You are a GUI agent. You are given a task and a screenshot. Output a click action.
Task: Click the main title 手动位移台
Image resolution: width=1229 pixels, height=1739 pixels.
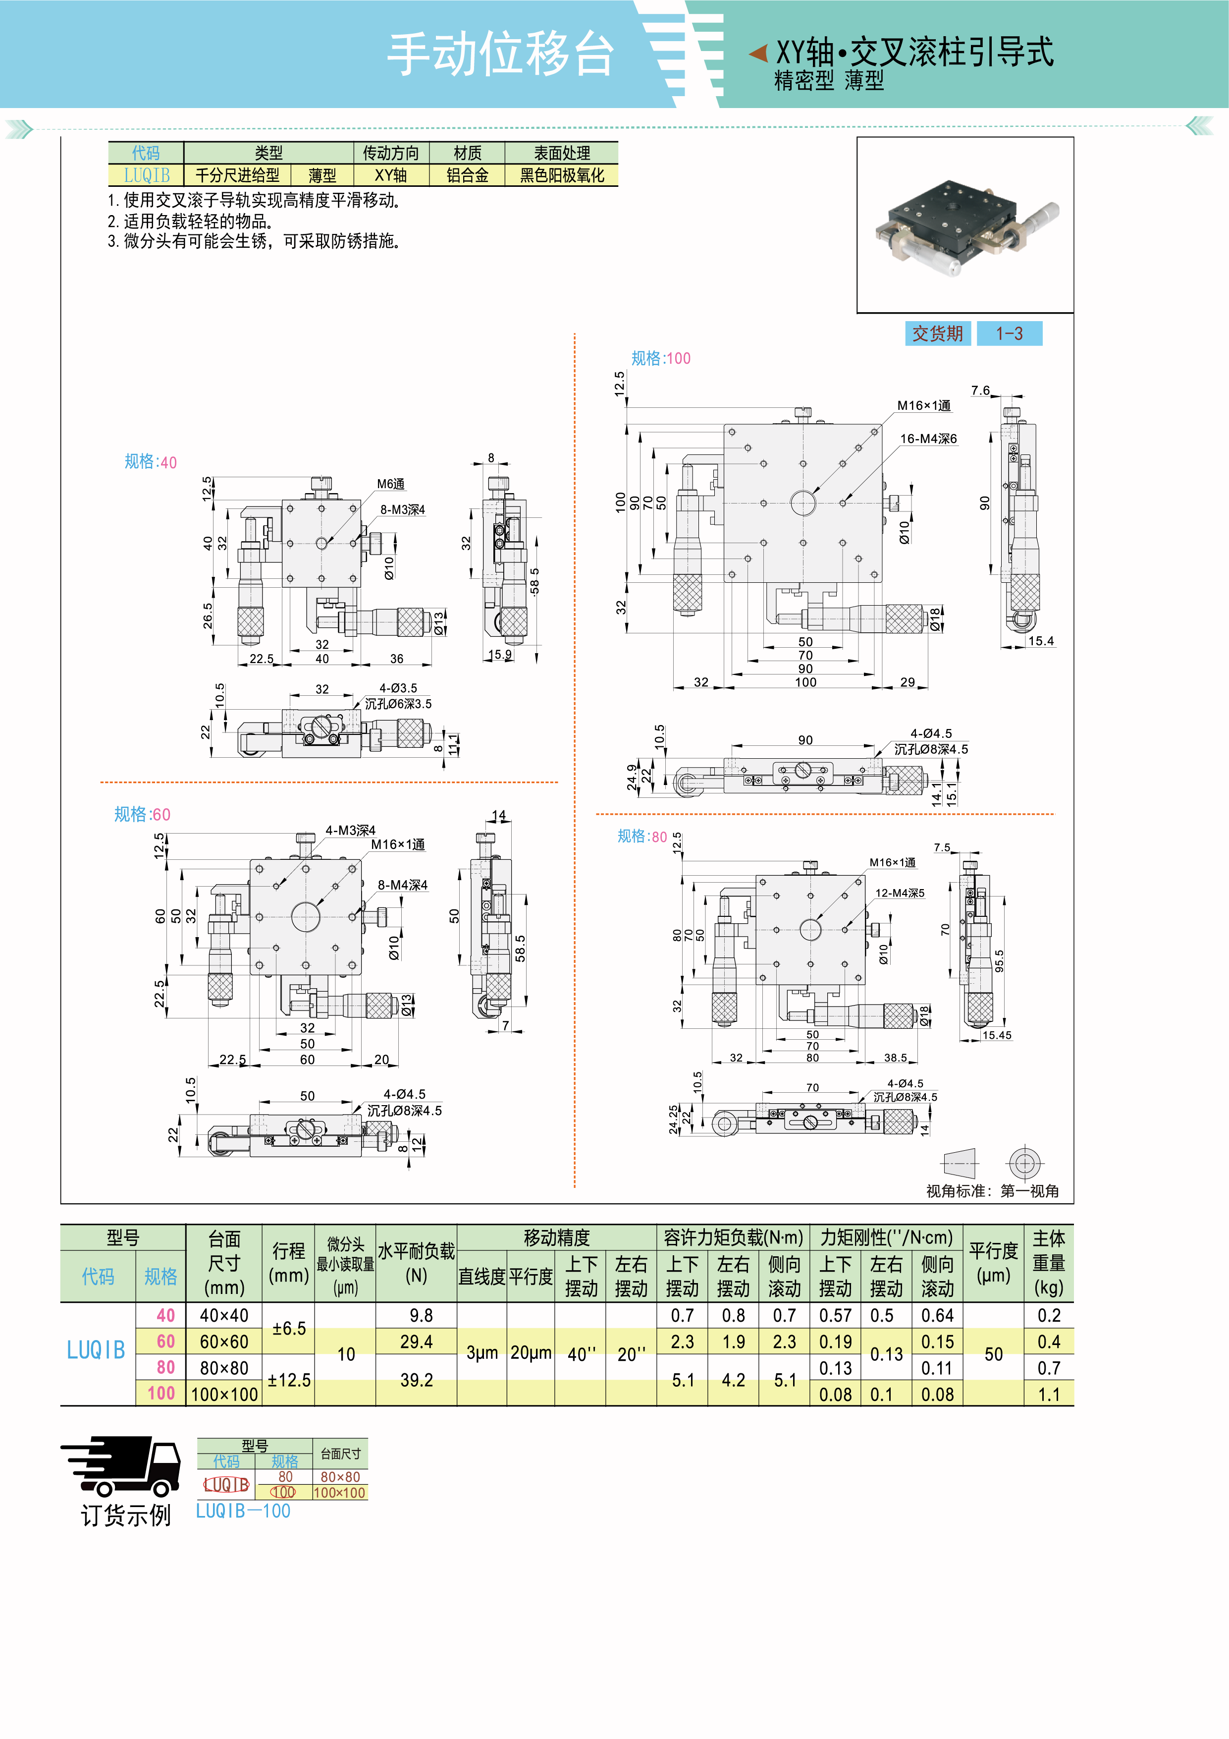click(x=500, y=54)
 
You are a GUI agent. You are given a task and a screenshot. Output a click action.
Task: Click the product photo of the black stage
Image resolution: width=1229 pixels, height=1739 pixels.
click(x=965, y=225)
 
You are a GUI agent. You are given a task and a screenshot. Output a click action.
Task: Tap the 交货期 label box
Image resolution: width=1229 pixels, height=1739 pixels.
click(x=937, y=333)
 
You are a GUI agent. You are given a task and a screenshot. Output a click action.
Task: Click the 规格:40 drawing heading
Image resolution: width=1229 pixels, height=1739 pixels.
click(x=150, y=462)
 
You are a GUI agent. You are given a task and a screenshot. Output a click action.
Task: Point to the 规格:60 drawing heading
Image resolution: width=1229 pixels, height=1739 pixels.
click(x=142, y=814)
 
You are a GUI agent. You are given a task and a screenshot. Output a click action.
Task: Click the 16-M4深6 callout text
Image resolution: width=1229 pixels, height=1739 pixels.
click(x=928, y=439)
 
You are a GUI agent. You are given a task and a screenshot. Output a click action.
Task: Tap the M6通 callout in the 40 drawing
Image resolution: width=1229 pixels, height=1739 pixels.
click(x=391, y=484)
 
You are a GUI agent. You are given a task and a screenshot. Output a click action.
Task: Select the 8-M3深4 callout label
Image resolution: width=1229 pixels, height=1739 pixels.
click(x=402, y=510)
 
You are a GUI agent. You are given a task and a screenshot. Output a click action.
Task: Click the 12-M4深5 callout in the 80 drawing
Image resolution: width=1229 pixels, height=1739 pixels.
click(x=900, y=893)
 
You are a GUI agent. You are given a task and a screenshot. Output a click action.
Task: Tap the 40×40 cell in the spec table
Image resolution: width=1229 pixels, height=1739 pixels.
click(x=223, y=1316)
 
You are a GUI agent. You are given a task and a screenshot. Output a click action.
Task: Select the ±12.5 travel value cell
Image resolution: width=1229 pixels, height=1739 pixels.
click(x=288, y=1380)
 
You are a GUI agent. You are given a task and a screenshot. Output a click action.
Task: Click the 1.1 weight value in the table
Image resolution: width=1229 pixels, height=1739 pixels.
click(x=1049, y=1395)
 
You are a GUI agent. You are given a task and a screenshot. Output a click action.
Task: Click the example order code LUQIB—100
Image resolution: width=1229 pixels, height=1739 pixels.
click(x=243, y=1511)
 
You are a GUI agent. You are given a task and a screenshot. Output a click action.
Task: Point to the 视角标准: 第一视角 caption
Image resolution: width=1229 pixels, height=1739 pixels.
click(x=992, y=1191)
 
